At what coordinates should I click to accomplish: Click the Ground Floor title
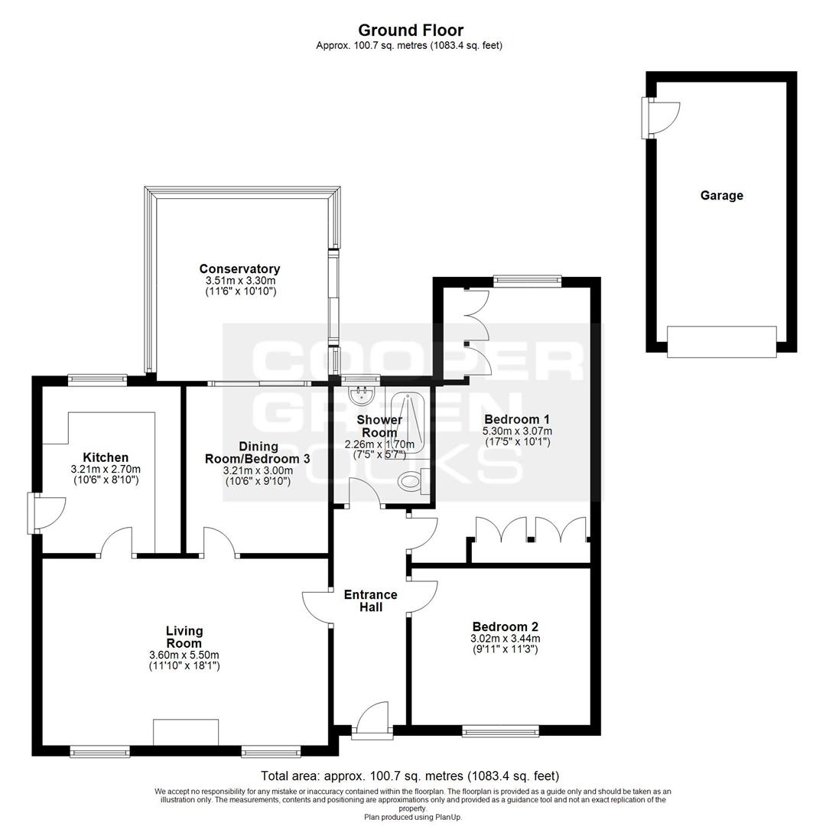(x=411, y=30)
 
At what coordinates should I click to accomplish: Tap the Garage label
(x=721, y=196)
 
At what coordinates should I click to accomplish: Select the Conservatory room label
(x=239, y=268)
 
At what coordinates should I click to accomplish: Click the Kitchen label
(x=106, y=457)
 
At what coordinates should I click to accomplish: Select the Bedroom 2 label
(x=506, y=627)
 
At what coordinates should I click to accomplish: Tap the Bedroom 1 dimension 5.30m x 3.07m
(x=517, y=431)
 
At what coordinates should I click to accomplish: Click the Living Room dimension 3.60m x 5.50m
(x=184, y=655)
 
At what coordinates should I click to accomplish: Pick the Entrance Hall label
(x=370, y=600)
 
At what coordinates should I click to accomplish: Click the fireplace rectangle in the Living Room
(x=186, y=732)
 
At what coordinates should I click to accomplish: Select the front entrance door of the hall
(x=372, y=718)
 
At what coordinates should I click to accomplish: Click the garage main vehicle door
(x=722, y=341)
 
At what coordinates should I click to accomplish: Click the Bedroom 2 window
(x=500, y=730)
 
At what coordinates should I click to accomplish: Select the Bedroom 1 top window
(x=527, y=281)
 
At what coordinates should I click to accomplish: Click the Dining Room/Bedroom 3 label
(x=258, y=453)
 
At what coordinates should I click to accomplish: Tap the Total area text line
(x=410, y=776)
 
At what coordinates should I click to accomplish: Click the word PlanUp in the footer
(x=447, y=817)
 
